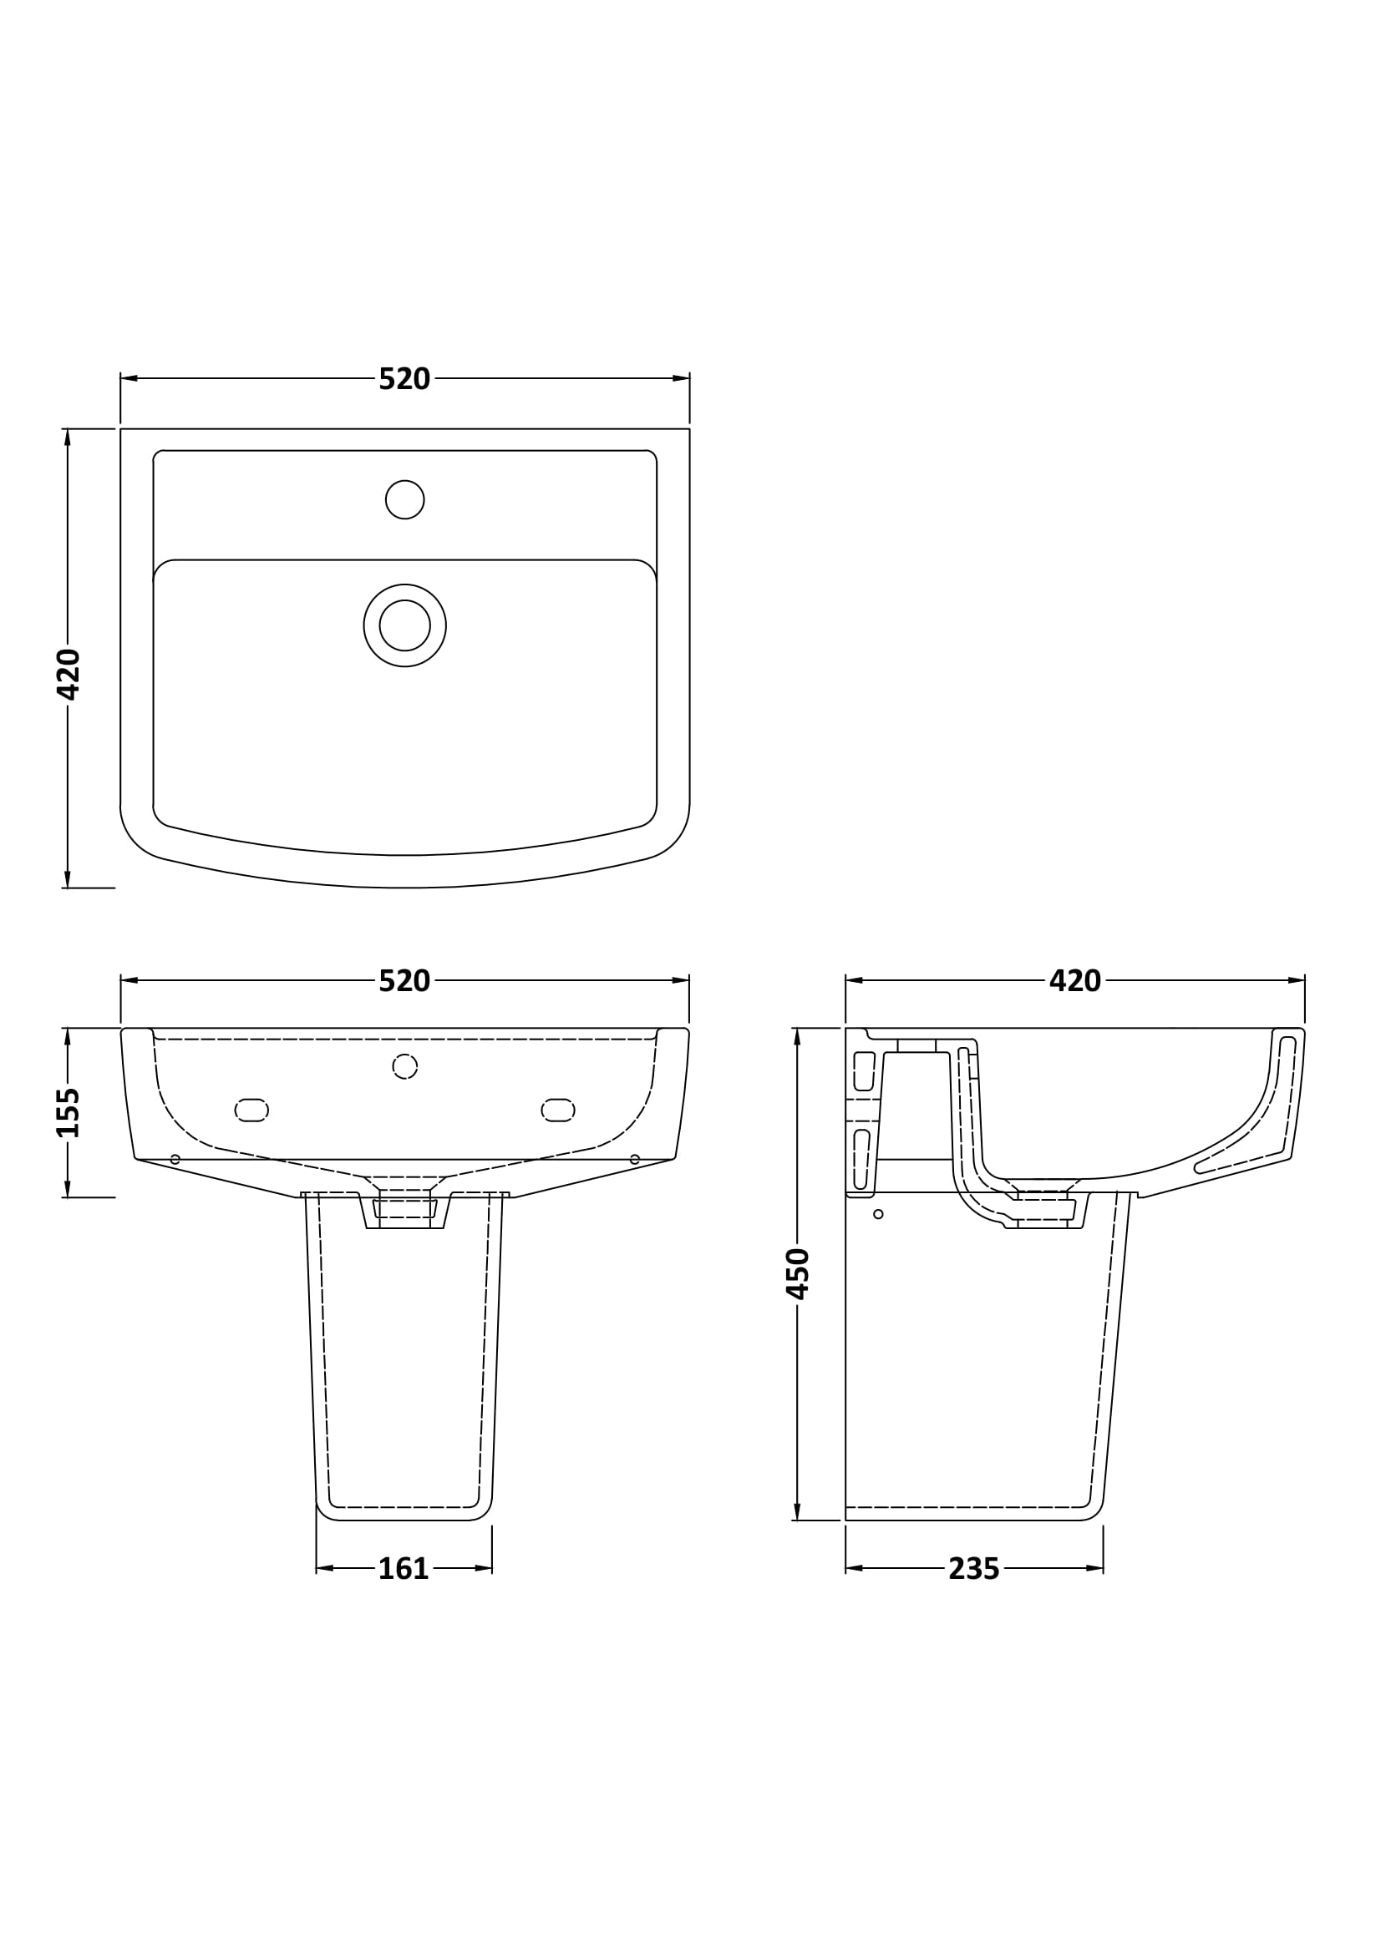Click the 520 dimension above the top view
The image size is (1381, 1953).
404,379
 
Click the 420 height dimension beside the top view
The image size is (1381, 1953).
68,675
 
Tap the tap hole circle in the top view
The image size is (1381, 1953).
405,499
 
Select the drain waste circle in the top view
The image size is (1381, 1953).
405,625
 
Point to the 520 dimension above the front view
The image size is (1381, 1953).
404,982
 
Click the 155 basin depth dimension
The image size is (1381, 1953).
68,1112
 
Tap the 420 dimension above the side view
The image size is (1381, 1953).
1075,982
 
